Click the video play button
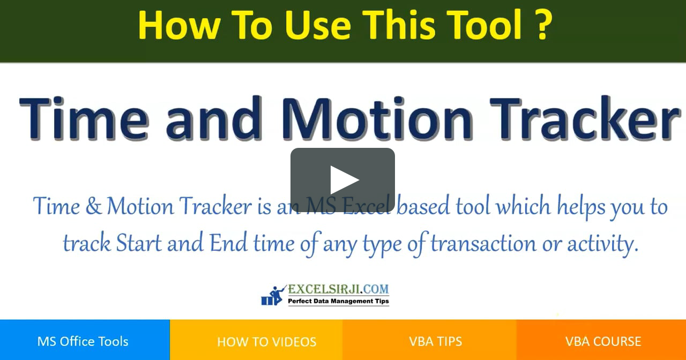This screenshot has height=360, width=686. (x=342, y=180)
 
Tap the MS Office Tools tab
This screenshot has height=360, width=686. (x=83, y=341)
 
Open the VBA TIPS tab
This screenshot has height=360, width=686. (x=435, y=341)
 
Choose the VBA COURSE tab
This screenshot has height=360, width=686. (x=603, y=341)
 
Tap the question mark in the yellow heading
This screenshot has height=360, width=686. (x=542, y=25)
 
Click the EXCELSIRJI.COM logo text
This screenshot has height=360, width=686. (x=338, y=289)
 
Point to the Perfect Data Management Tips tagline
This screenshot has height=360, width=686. (x=338, y=302)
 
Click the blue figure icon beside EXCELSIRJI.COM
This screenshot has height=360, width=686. (x=273, y=295)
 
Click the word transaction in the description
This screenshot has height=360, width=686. (x=483, y=244)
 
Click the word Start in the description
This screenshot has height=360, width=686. (x=139, y=244)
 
